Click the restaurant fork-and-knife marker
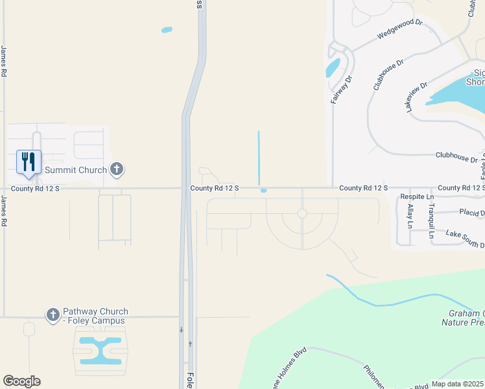pyautogui.click(x=29, y=161)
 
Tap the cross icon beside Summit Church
pyautogui.click(x=117, y=170)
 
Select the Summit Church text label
pyautogui.click(x=76, y=170)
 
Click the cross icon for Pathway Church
pyautogui.click(x=53, y=315)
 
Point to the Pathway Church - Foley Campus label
pyautogui.click(x=95, y=316)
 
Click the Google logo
pyautogui.click(x=21, y=381)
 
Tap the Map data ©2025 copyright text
pyautogui.click(x=458, y=384)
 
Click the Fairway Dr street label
pyautogui.click(x=335, y=89)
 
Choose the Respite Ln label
pyautogui.click(x=416, y=196)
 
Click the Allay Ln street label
pyautogui.click(x=410, y=217)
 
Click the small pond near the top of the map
pyautogui.click(x=167, y=30)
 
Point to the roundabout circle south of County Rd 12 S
pyautogui.click(x=302, y=213)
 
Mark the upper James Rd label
pyautogui.click(x=4, y=62)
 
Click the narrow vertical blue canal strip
pyautogui.click(x=259, y=158)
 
